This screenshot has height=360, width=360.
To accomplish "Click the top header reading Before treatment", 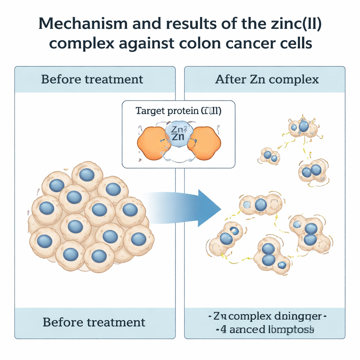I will coord(92,79).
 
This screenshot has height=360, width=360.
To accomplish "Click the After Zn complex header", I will coord(267,79).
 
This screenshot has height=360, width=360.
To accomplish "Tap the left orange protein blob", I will coord(154,142).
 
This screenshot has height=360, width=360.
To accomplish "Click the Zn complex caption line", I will coord(267,316).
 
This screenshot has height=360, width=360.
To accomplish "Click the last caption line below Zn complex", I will coord(267,330).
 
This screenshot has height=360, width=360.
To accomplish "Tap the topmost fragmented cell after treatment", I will coord(303,128).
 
